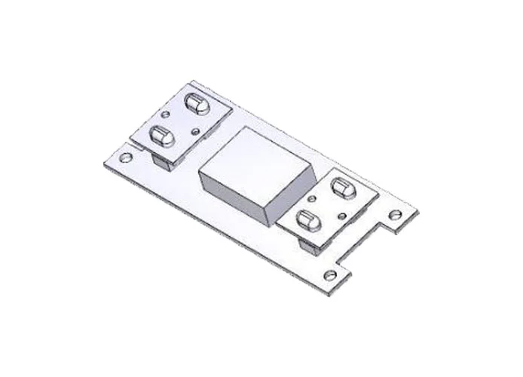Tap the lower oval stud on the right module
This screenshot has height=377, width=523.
pyautogui.click(x=306, y=220)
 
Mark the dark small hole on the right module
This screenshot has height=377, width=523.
pyautogui.click(x=341, y=216)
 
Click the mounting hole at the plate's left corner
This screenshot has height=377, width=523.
pyautogui.click(x=126, y=158)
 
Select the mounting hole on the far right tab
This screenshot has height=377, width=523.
pyautogui.click(x=393, y=215)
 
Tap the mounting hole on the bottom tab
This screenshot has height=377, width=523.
pyautogui.click(x=329, y=274)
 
